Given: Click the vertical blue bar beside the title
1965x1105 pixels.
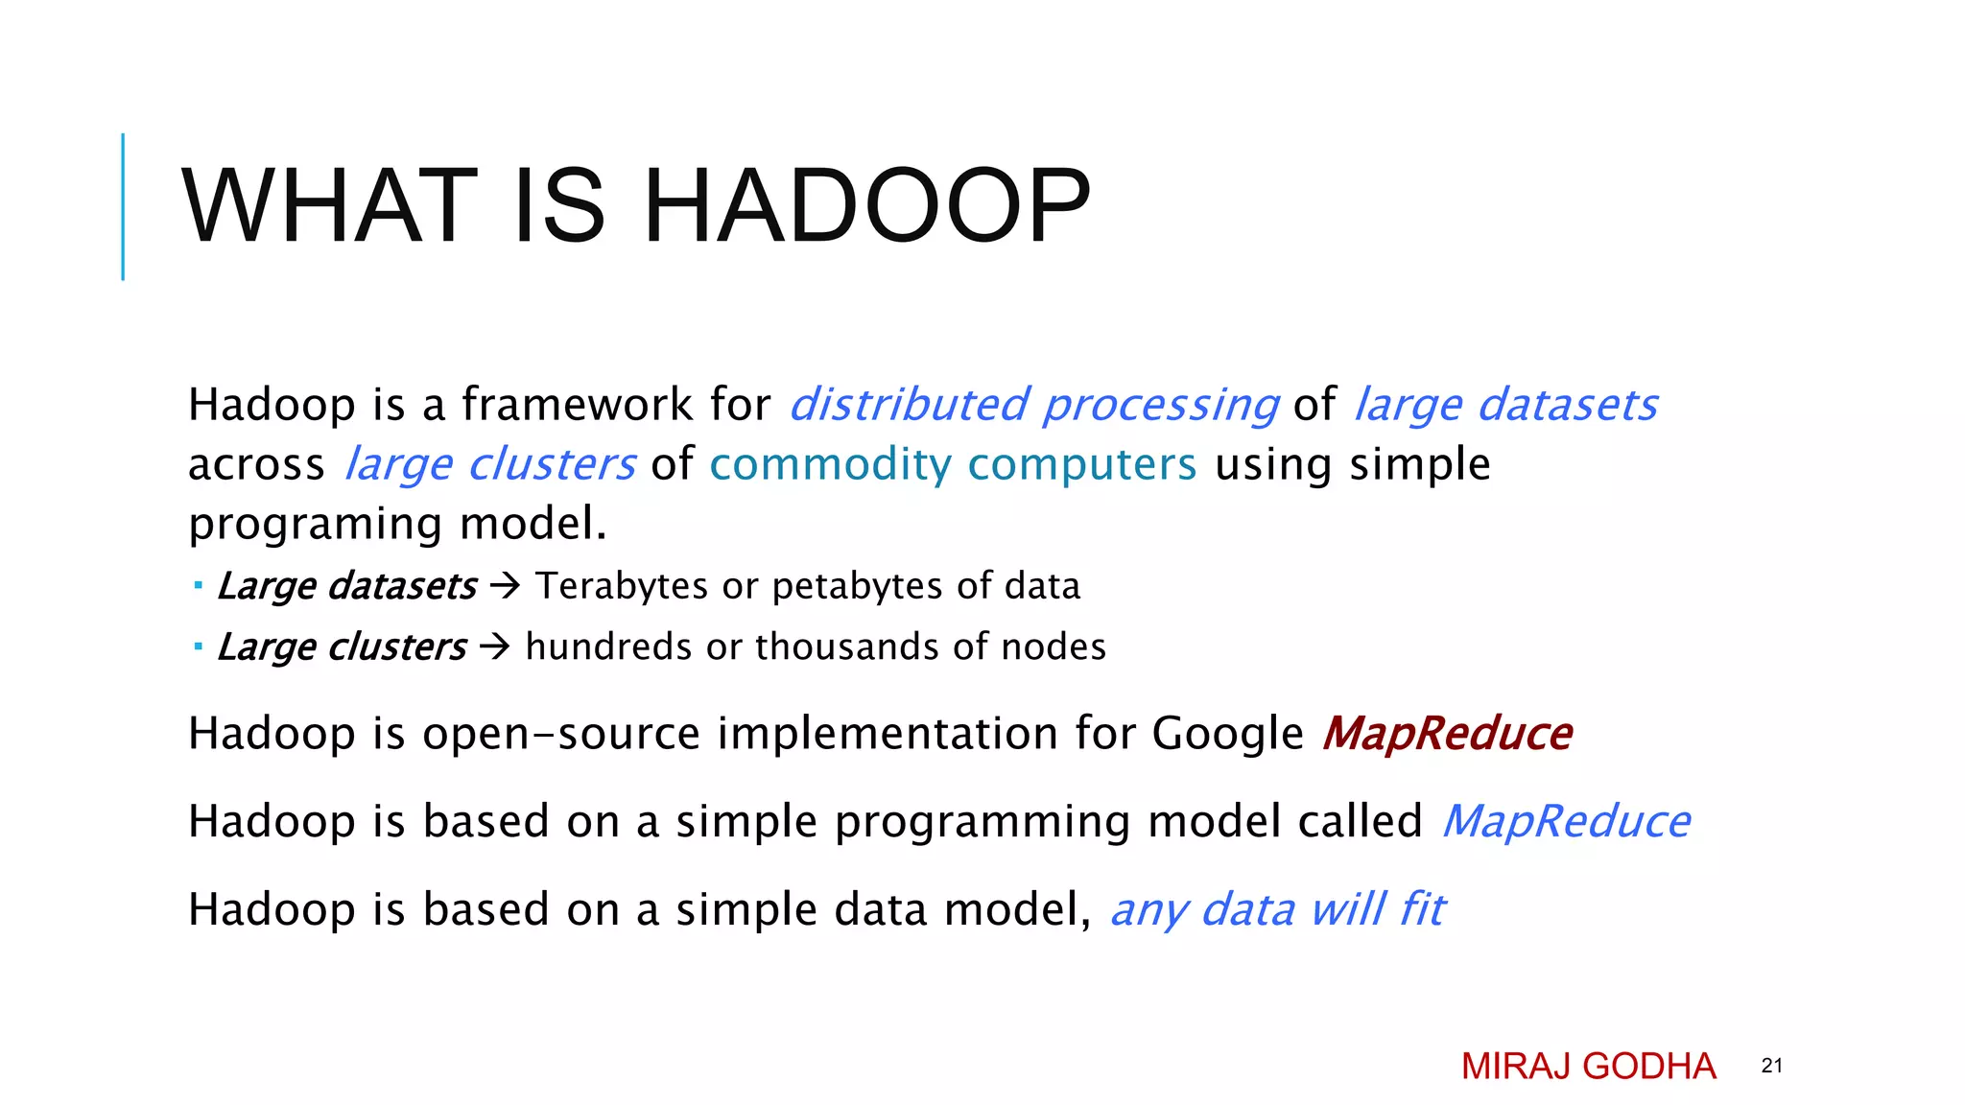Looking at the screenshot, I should tap(123, 206).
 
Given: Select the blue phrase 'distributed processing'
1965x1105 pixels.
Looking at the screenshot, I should tap(1033, 405).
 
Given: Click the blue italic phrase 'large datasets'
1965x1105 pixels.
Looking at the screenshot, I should tap(1504, 405).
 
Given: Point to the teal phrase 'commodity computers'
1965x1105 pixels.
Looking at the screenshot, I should tap(953, 464).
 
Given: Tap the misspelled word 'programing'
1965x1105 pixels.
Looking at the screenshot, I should tap(315, 525).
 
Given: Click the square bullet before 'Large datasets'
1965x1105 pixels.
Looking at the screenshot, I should tap(198, 584).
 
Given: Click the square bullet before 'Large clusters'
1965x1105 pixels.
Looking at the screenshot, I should tap(198, 646).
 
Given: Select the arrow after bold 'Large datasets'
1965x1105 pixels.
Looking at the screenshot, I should tap(505, 585).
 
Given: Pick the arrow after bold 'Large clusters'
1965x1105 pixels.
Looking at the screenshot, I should tap(495, 647).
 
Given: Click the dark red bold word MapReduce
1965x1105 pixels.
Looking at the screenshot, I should tap(1446, 734).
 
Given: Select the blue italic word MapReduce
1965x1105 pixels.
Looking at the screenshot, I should tap(1566, 822).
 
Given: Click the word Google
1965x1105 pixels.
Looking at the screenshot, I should tap(1227, 734).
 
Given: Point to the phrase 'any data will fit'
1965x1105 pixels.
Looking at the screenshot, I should tap(1277, 909).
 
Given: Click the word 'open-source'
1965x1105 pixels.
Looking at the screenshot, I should tap(561, 734).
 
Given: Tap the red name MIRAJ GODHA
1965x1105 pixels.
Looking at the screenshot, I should tap(1588, 1067).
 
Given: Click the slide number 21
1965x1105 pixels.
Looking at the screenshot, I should tap(1771, 1066).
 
